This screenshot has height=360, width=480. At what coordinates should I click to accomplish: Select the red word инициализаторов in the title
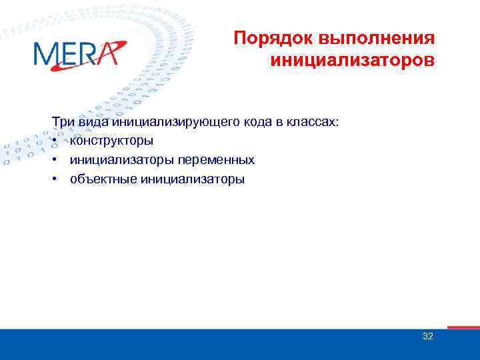(x=353, y=61)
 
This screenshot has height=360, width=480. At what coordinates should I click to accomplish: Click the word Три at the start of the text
(x=63, y=122)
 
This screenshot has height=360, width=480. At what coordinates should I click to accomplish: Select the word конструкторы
(x=111, y=141)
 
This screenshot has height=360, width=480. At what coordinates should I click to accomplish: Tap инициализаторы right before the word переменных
(x=122, y=160)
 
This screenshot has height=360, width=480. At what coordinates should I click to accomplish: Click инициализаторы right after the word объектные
(x=192, y=179)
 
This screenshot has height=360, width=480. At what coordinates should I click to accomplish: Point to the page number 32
(x=428, y=336)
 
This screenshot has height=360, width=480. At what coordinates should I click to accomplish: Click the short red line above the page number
(x=463, y=327)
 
